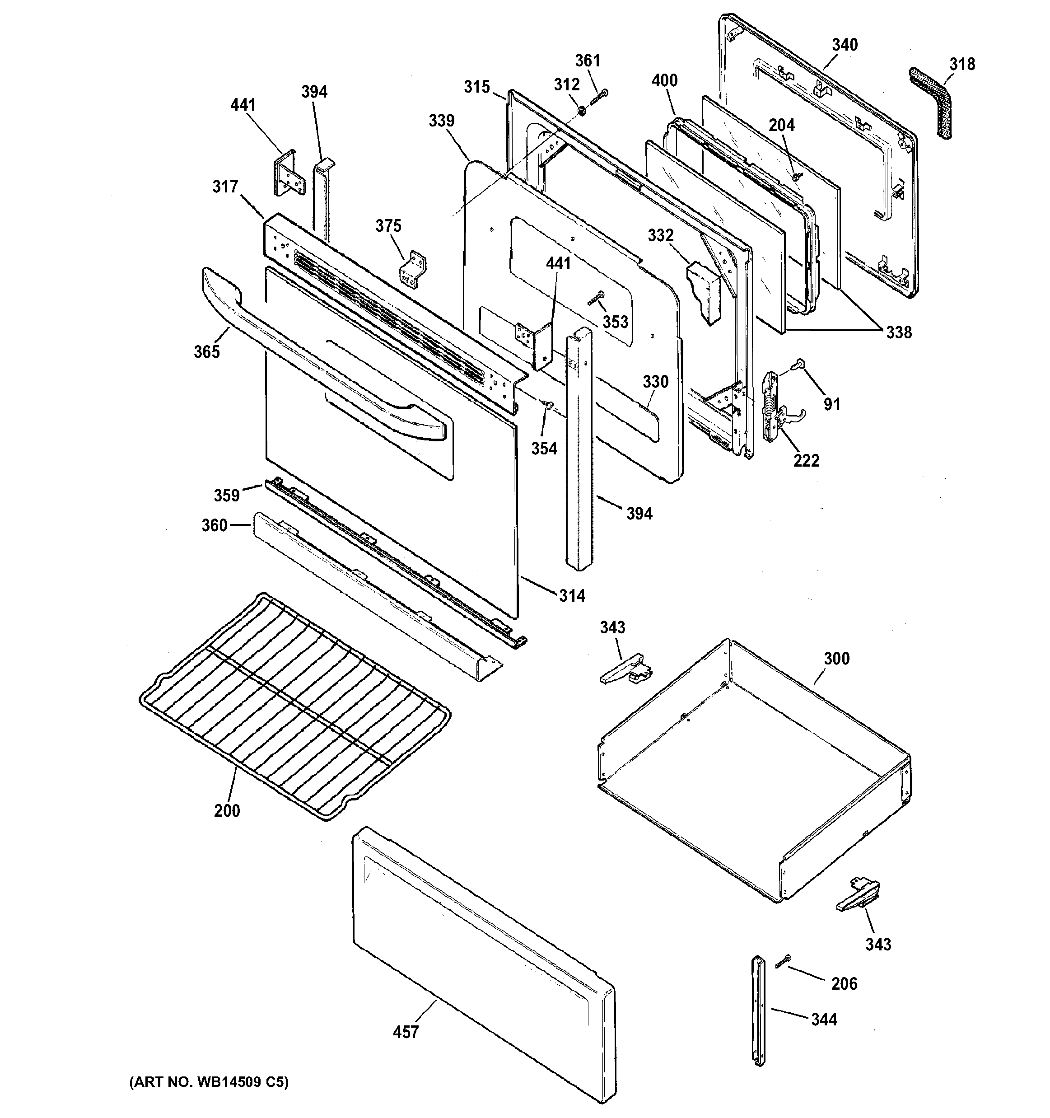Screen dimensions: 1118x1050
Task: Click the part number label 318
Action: pyautogui.click(x=962, y=64)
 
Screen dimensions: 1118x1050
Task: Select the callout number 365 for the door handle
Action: pyautogui.click(x=206, y=351)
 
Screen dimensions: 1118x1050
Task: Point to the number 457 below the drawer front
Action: pyautogui.click(x=406, y=1032)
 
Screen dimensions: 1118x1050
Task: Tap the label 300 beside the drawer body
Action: pyautogui.click(x=836, y=658)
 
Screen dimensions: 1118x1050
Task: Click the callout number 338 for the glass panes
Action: pyautogui.click(x=899, y=332)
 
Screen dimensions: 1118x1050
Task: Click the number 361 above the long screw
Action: pyautogui.click(x=588, y=61)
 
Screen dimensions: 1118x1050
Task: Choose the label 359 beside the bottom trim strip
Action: pyautogui.click(x=227, y=495)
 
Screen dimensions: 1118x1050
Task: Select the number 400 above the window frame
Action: pyautogui.click(x=664, y=80)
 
